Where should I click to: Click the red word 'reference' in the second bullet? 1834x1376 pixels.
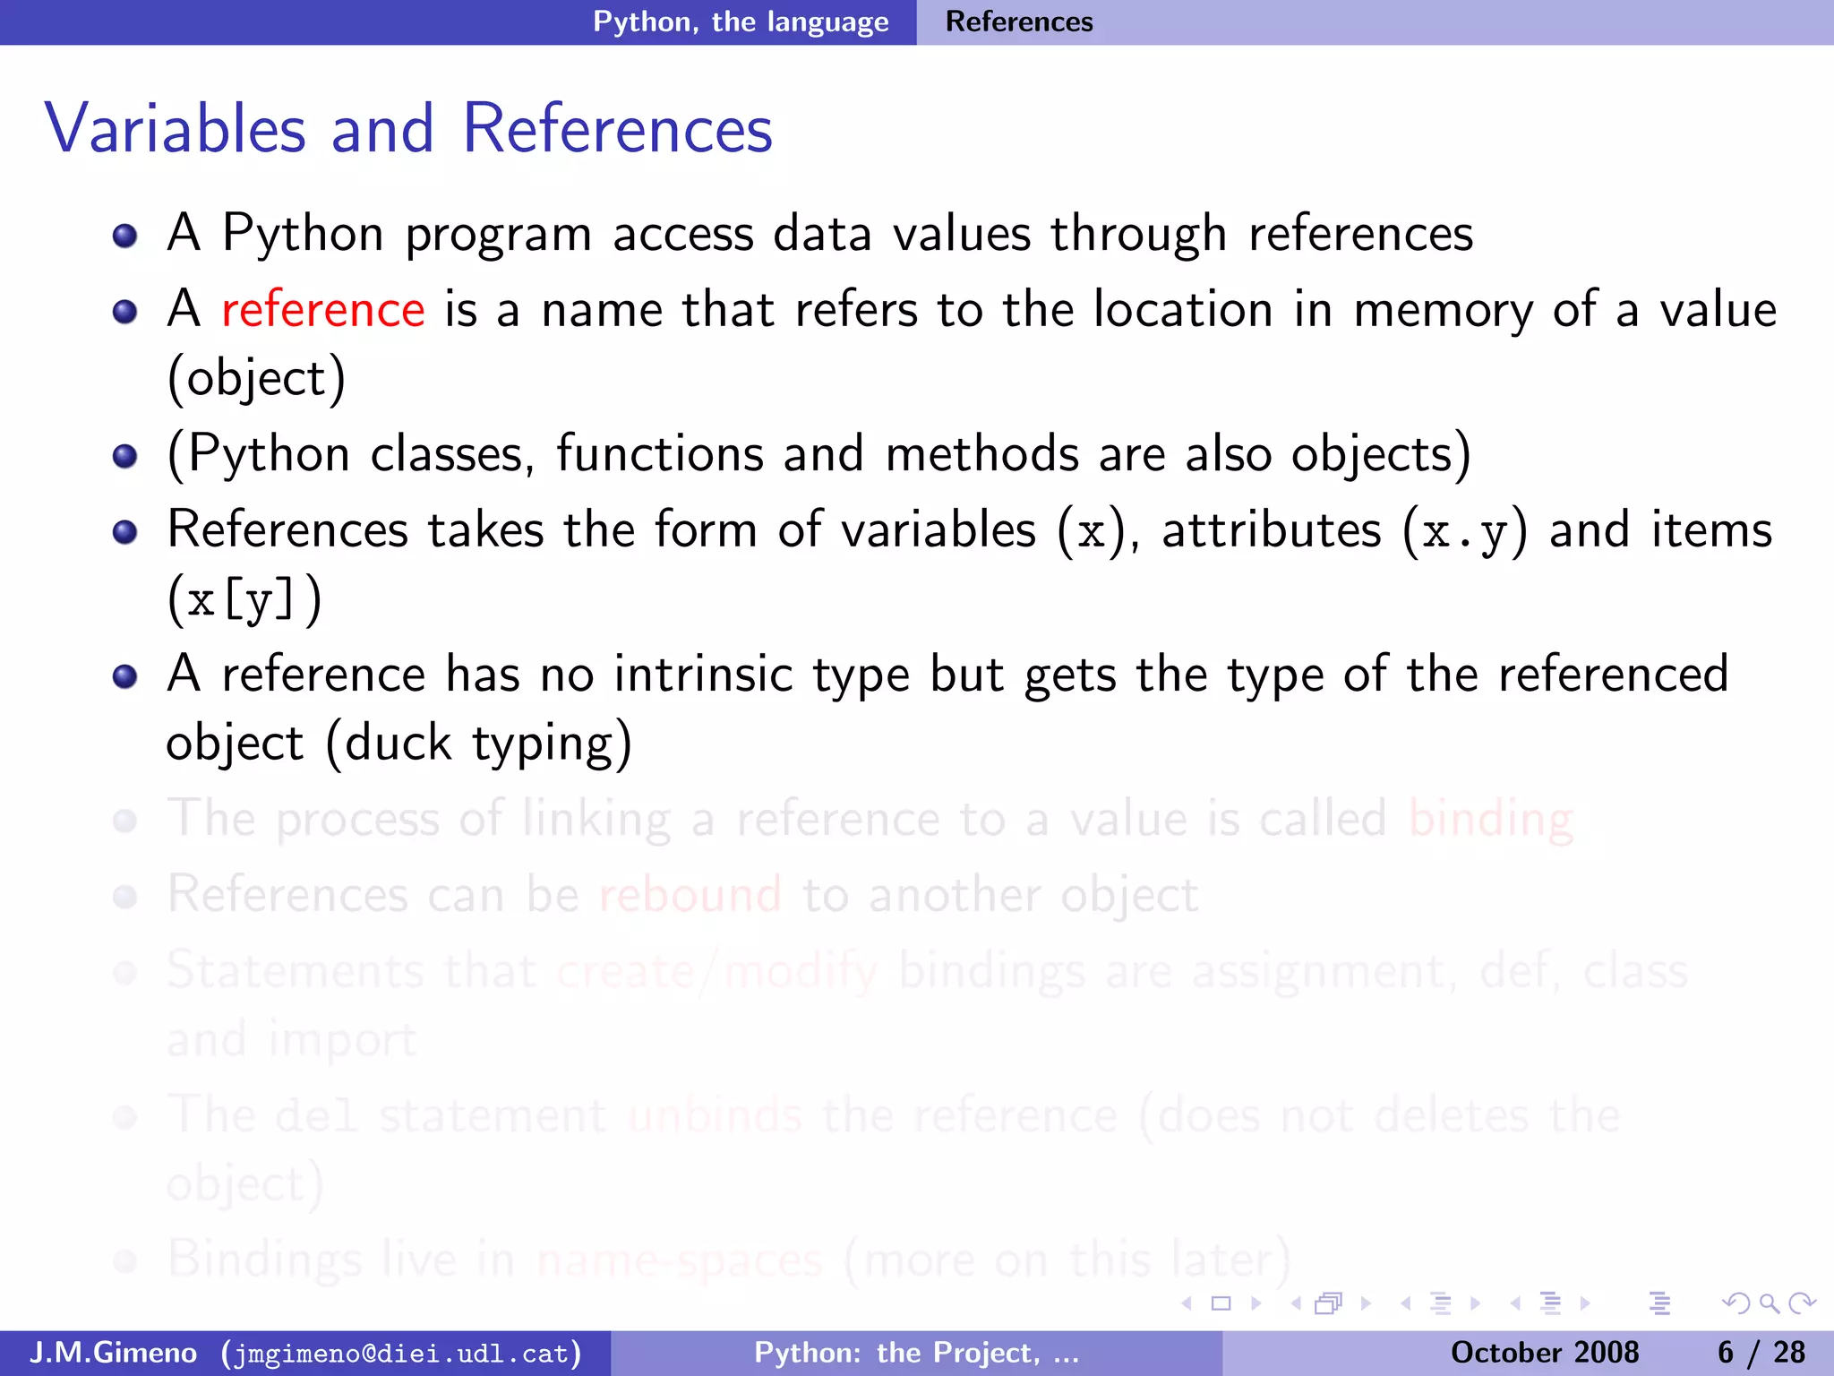click(x=322, y=310)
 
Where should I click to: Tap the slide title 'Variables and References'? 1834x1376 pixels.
click(x=408, y=129)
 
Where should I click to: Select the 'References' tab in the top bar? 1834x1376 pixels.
click(x=1019, y=21)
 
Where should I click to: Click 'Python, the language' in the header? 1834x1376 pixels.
click(x=741, y=21)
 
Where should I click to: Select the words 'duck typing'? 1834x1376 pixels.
click(x=478, y=744)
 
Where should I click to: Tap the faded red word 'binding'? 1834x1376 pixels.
click(x=1490, y=819)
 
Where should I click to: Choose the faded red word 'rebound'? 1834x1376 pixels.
click(x=690, y=895)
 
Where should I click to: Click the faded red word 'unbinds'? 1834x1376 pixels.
click(x=715, y=1116)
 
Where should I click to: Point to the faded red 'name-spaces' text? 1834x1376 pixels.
click(x=679, y=1260)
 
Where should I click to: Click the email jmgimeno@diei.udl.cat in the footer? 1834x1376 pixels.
click(x=402, y=1353)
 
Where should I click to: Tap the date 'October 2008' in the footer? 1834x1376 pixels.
click(x=1544, y=1353)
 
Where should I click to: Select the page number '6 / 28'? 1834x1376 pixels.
click(x=1761, y=1353)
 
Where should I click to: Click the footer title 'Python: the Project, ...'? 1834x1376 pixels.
click(x=916, y=1353)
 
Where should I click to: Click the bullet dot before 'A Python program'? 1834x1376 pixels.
click(x=125, y=236)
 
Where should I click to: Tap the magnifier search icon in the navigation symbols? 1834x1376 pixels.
click(x=1769, y=1303)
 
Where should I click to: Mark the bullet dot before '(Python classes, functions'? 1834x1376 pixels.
click(x=125, y=456)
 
